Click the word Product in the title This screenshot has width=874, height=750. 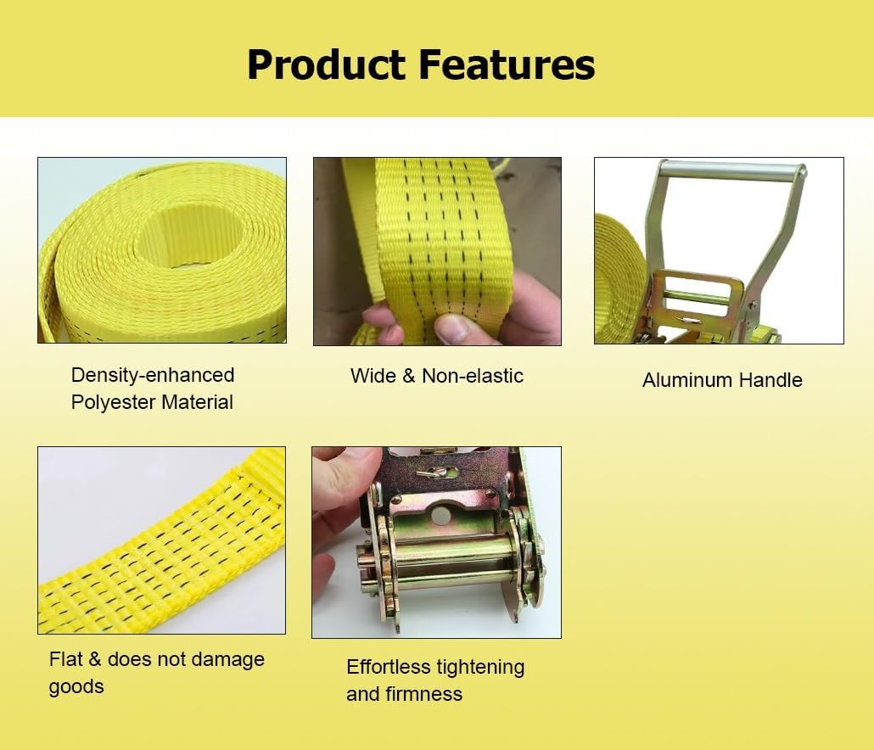pos(327,64)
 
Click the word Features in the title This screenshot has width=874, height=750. pos(507,64)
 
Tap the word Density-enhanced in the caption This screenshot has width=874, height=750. pos(153,376)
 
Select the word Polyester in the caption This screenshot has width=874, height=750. pos(113,402)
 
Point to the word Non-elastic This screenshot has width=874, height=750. pos(473,376)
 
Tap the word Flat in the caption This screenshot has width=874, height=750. pos(65,659)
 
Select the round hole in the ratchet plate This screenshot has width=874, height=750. pos(441,515)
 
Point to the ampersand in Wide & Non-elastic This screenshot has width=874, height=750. pos(409,376)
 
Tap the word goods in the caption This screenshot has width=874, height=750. pos(76,687)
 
